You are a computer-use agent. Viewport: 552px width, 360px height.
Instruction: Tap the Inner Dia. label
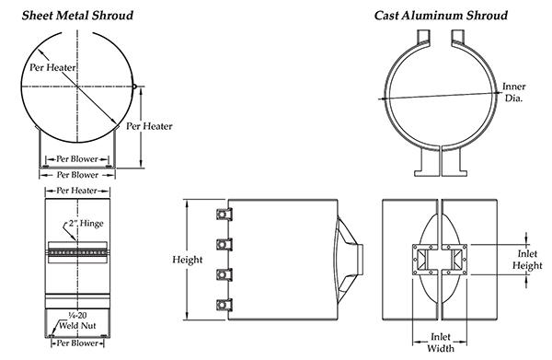[x=513, y=92]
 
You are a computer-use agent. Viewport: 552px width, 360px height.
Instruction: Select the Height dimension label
[x=188, y=260]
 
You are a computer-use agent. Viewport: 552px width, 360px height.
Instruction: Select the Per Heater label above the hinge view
[x=77, y=191]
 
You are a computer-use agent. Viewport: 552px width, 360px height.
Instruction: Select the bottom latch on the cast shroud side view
[x=222, y=306]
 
